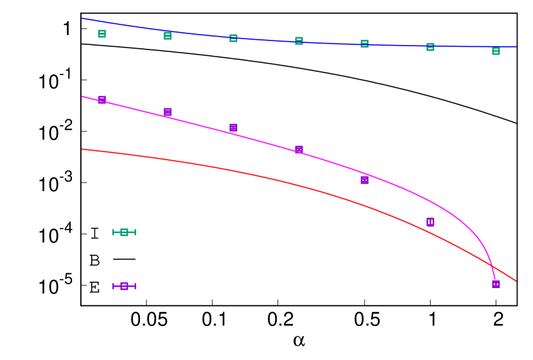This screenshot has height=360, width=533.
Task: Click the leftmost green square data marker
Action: click(102, 33)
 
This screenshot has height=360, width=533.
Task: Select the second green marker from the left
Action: click(168, 36)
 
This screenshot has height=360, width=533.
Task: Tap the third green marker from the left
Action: click(233, 39)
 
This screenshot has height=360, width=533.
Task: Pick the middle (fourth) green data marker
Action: click(299, 41)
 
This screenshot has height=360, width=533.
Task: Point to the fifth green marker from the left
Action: click(364, 44)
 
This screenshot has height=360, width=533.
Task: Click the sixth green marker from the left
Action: click(430, 47)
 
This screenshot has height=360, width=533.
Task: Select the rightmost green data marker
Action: click(496, 51)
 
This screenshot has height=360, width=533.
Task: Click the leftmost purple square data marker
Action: click(102, 99)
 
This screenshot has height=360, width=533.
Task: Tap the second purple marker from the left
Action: click(168, 112)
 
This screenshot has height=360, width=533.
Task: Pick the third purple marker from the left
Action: click(233, 127)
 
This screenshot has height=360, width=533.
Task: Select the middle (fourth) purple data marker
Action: click(299, 150)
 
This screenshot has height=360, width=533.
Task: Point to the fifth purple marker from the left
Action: click(364, 180)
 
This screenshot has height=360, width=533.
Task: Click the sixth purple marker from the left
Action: click(430, 222)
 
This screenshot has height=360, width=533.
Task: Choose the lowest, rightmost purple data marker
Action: click(496, 284)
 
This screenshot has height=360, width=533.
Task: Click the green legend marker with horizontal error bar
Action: click(124, 232)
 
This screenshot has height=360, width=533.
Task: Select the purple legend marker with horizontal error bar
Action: click(124, 286)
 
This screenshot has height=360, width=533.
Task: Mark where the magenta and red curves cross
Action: click(492, 264)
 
